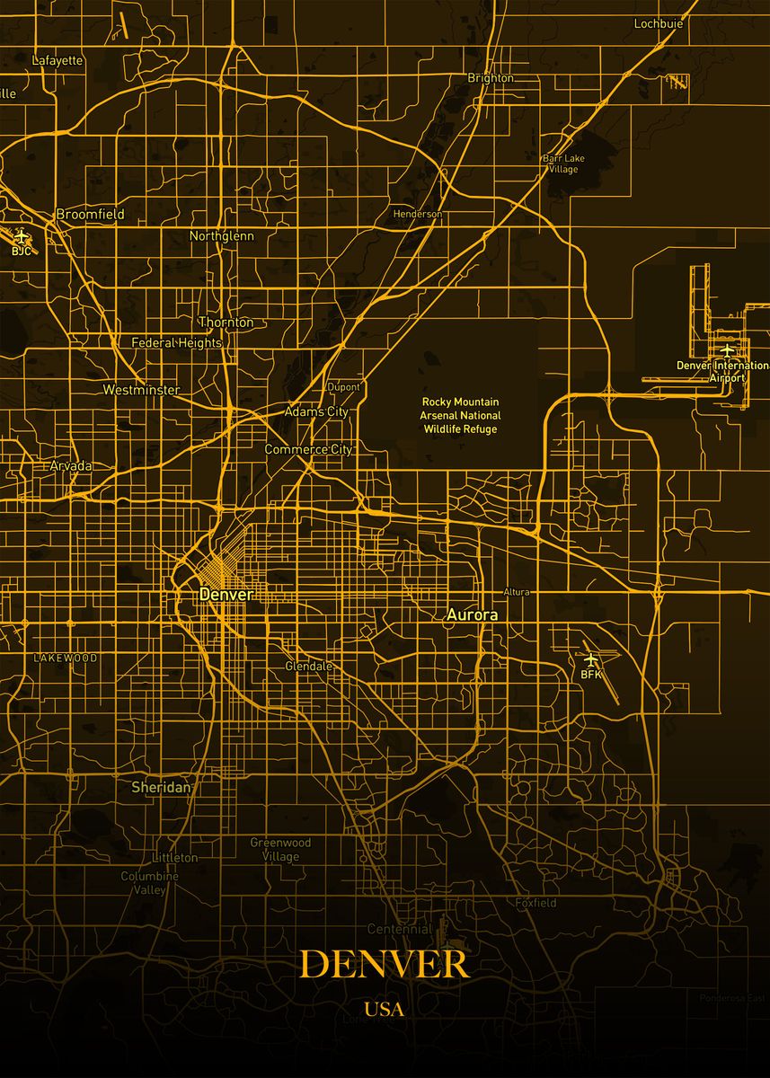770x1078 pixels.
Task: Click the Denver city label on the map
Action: point(226,594)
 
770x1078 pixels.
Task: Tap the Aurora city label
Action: point(472,615)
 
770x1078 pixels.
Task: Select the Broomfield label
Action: point(90,215)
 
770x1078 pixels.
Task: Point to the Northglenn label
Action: point(221,236)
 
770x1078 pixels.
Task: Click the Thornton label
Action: point(226,323)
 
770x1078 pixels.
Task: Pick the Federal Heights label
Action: point(176,342)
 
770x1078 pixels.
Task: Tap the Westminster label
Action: point(141,390)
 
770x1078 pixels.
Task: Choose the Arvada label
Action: point(71,466)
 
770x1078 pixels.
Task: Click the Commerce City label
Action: point(308,449)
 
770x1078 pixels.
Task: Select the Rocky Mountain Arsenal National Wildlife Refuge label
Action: point(461,415)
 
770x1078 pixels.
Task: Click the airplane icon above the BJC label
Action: point(22,236)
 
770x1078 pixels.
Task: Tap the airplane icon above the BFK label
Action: point(590,660)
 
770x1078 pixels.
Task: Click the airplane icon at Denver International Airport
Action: point(727,350)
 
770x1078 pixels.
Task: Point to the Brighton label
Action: point(491,78)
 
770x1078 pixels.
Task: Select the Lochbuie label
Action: point(658,23)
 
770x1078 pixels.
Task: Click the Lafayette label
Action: point(58,60)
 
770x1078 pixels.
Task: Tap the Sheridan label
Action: point(162,787)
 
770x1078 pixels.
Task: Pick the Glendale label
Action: point(308,667)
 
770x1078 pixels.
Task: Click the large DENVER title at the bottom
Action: point(385,964)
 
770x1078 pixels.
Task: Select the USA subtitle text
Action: point(385,1010)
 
